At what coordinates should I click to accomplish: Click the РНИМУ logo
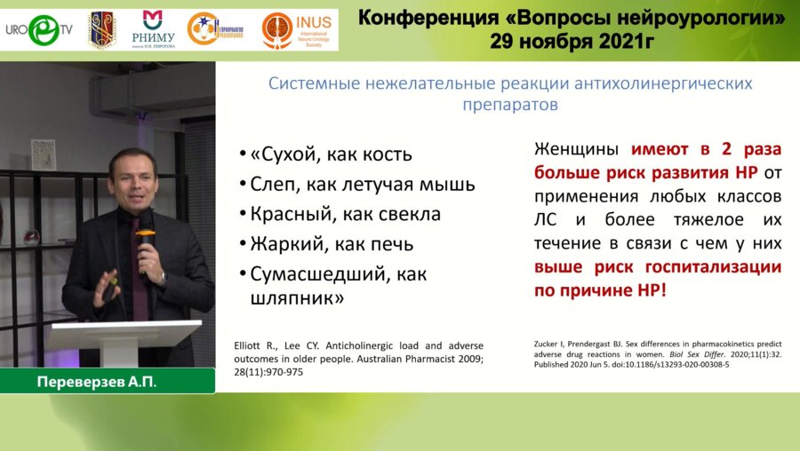tap(153, 30)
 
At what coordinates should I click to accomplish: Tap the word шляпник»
tap(292, 298)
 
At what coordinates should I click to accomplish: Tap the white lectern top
tap(124, 331)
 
